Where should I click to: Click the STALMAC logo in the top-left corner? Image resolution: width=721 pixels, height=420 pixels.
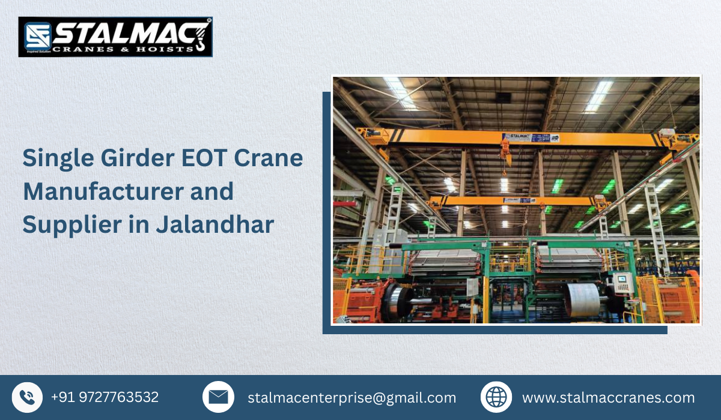click(x=115, y=37)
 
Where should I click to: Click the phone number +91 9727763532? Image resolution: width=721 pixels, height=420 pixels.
click(x=105, y=397)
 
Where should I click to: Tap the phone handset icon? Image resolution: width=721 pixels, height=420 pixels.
click(x=27, y=397)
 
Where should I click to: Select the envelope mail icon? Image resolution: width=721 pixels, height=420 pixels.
click(x=218, y=397)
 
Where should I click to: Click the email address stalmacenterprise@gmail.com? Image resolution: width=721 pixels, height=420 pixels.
click(x=352, y=397)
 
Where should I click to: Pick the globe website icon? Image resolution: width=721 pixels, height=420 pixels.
click(x=496, y=397)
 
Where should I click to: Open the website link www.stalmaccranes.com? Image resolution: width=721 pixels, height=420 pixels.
click(x=608, y=397)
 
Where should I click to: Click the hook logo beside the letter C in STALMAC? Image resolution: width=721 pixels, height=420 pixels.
click(x=201, y=36)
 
